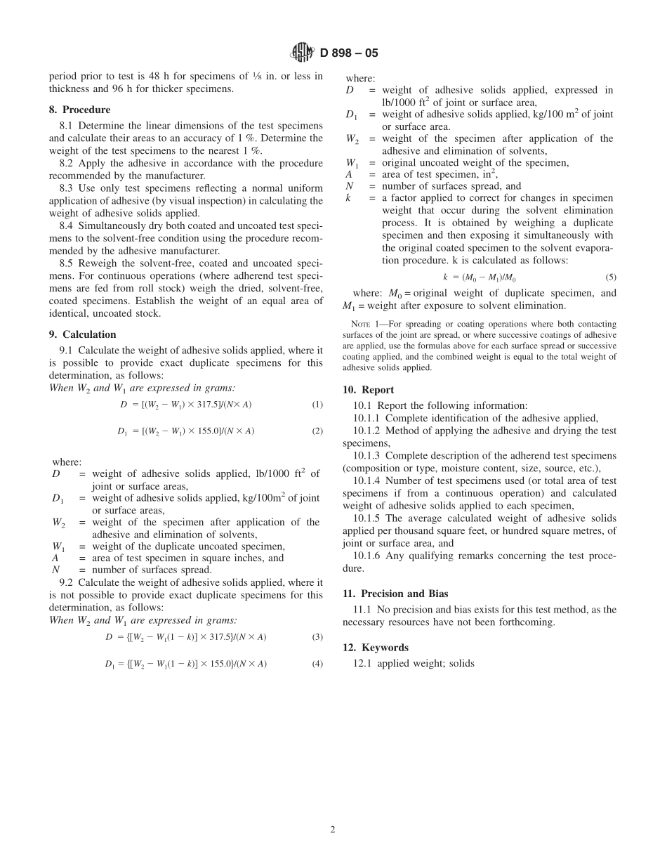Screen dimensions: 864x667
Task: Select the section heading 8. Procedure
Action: coord(79,110)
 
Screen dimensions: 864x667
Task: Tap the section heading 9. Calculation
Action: coord(82,334)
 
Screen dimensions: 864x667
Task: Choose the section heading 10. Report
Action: coord(368,390)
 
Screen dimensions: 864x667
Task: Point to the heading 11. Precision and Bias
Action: coord(395,594)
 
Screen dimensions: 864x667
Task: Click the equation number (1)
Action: coord(317,405)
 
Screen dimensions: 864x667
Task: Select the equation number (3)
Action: coord(317,637)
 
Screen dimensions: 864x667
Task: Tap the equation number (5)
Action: coord(611,277)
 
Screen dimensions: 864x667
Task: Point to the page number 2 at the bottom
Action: coord(333,829)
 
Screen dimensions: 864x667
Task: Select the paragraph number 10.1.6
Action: coord(368,556)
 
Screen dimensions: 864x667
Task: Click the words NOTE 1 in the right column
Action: coord(364,324)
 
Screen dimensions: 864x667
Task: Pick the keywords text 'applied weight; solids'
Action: coord(425,663)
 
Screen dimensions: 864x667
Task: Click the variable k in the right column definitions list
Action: coord(348,199)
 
